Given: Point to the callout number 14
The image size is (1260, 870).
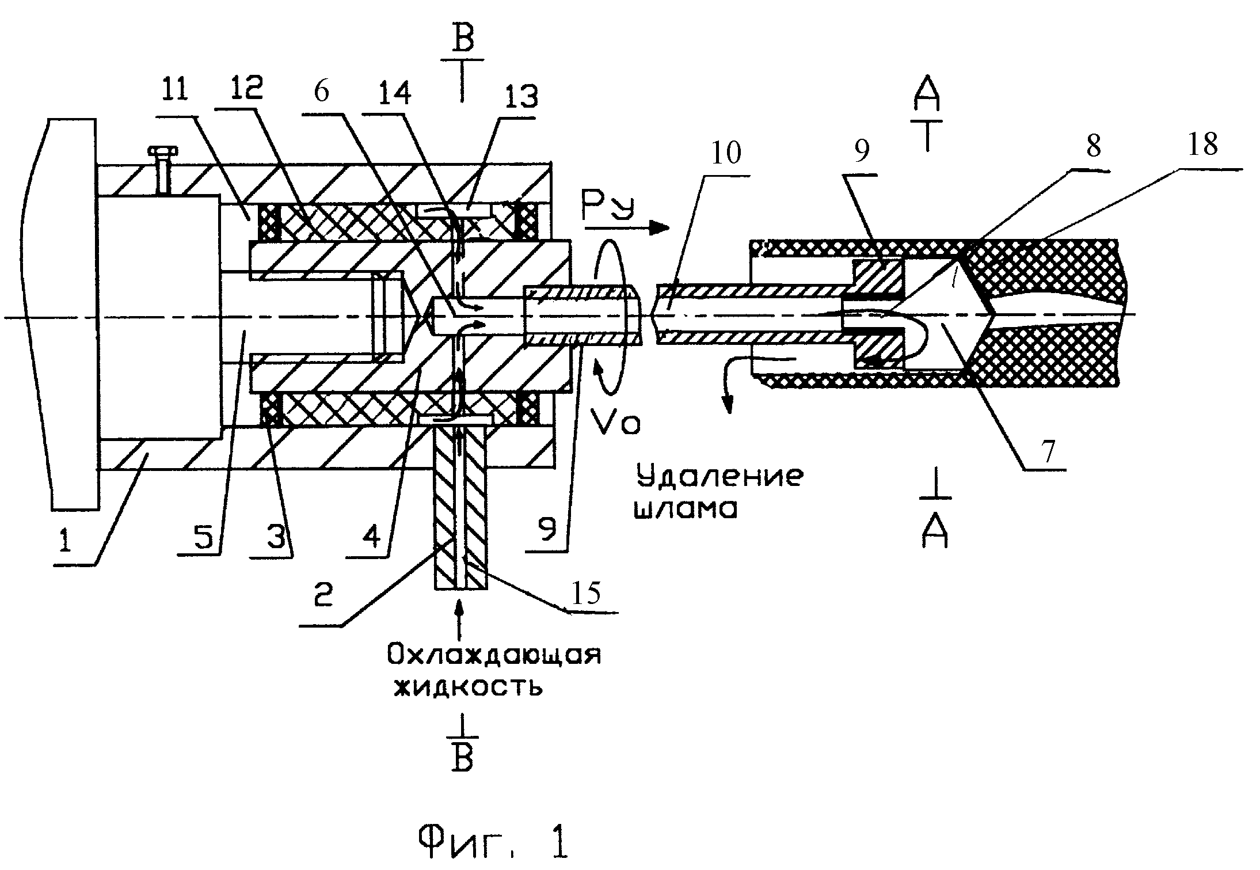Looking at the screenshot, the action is [391, 92].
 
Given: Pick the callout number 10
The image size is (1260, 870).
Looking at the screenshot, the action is [726, 153].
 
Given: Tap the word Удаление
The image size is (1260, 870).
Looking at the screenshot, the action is [719, 477].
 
